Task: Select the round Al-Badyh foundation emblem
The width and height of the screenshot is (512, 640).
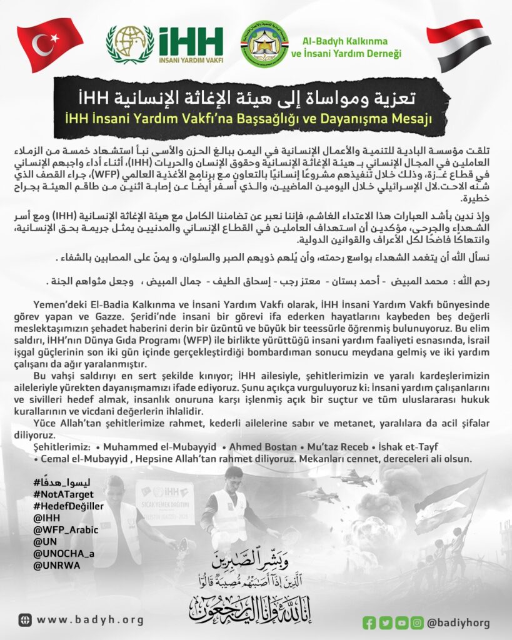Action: click(265, 46)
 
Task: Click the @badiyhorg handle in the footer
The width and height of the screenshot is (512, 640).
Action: click(458, 622)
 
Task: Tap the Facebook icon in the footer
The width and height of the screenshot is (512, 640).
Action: click(369, 622)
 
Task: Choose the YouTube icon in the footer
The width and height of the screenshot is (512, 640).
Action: click(401, 622)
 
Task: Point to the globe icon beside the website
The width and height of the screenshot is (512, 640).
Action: click(24, 620)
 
